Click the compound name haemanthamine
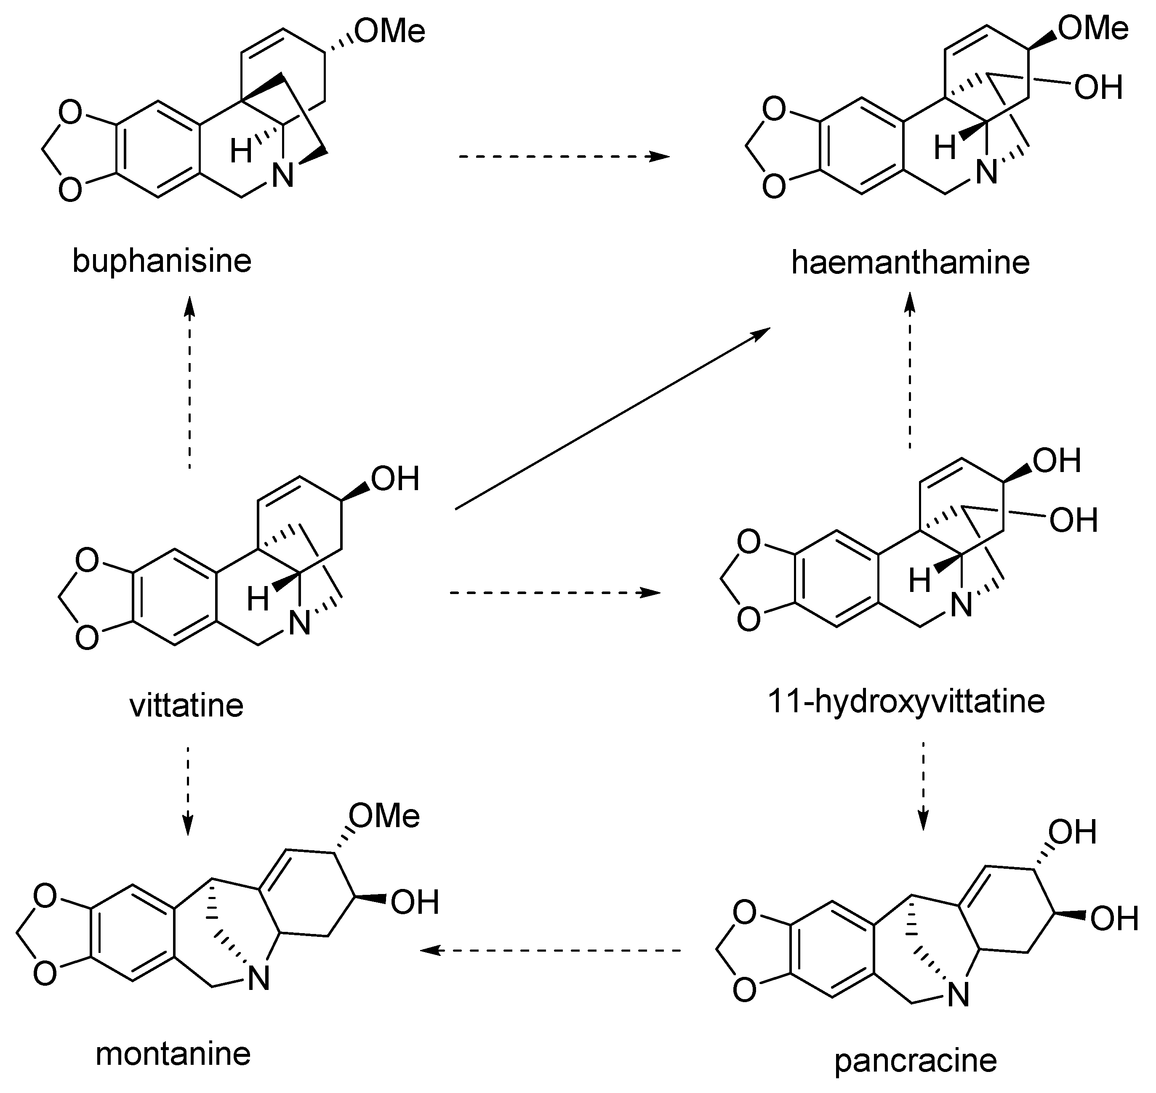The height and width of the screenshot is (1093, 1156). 910,263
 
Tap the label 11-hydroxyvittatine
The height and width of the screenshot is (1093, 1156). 906,701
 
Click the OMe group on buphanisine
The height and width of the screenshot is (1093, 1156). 390,31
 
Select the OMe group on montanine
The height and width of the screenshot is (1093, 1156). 385,816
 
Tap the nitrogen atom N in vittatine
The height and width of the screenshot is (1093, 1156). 300,625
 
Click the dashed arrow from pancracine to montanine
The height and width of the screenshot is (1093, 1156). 551,951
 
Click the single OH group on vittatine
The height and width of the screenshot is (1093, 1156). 394,479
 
